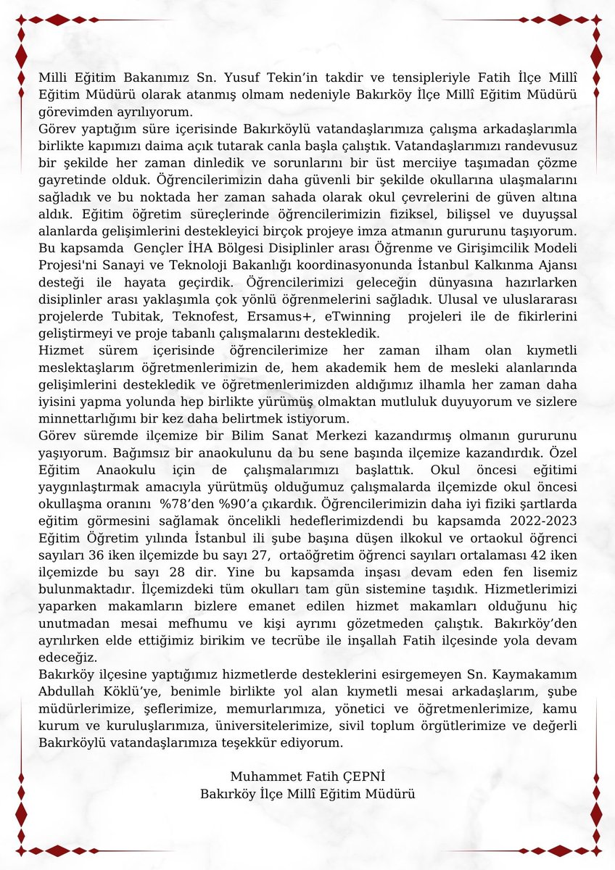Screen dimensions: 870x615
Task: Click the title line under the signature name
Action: point(307,793)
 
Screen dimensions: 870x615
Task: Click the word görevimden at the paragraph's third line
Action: point(73,113)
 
